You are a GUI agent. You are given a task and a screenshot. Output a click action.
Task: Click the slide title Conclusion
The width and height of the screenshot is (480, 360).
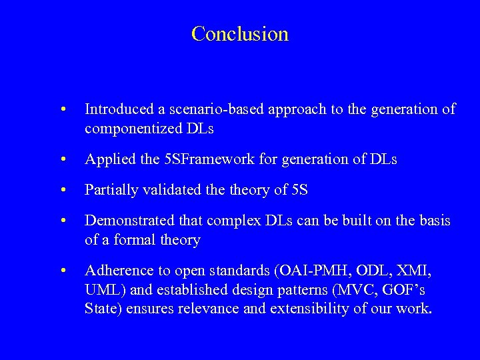[239, 33]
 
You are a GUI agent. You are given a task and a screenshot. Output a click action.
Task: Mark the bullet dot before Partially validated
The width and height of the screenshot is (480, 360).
[62, 191]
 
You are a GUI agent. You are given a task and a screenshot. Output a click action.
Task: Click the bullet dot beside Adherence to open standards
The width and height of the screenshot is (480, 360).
[62, 271]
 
